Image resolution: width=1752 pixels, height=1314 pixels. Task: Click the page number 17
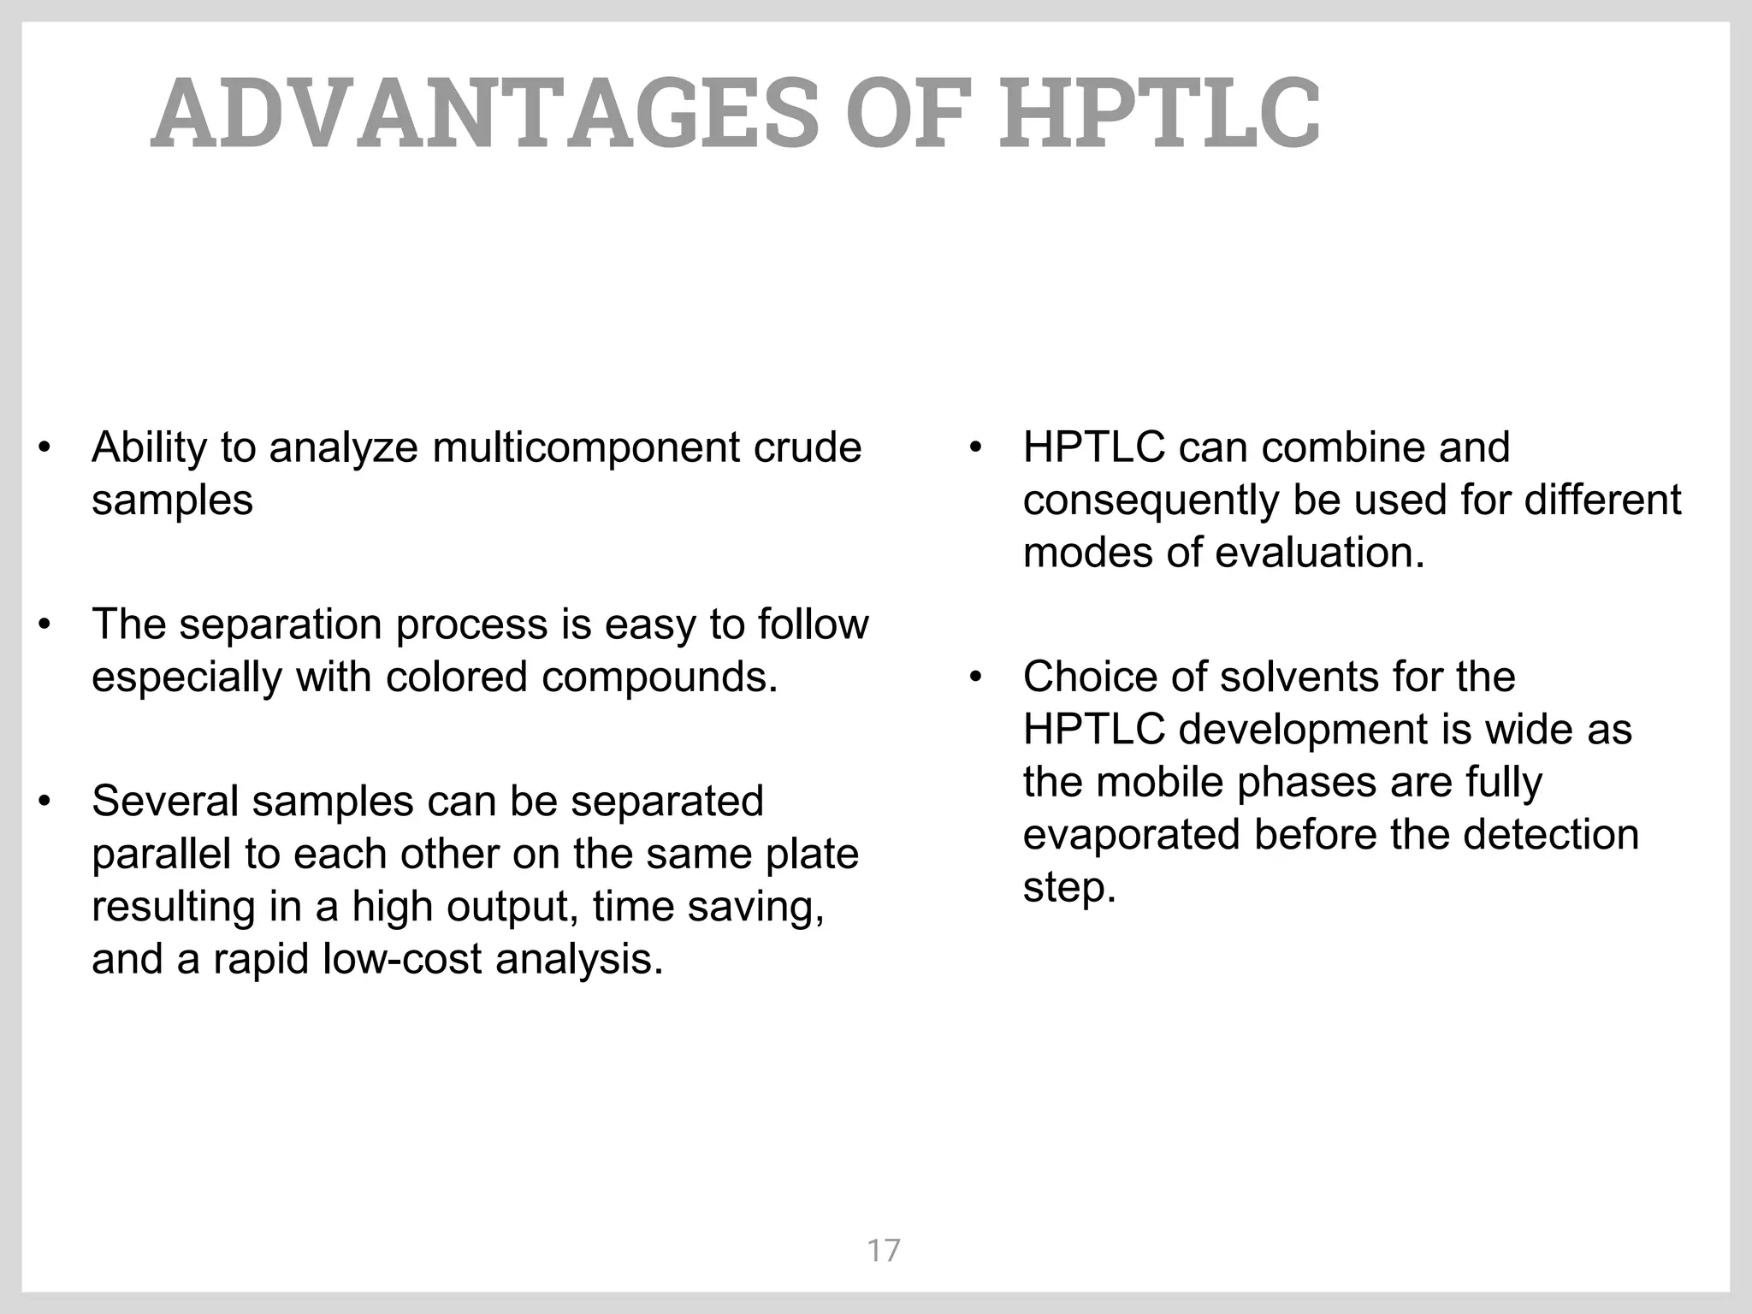pos(884,1251)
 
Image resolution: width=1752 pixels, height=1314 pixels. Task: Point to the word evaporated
pos(1131,835)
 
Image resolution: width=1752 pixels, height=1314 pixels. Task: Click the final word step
pos(1069,888)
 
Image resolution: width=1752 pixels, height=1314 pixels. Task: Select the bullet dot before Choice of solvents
pos(976,678)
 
